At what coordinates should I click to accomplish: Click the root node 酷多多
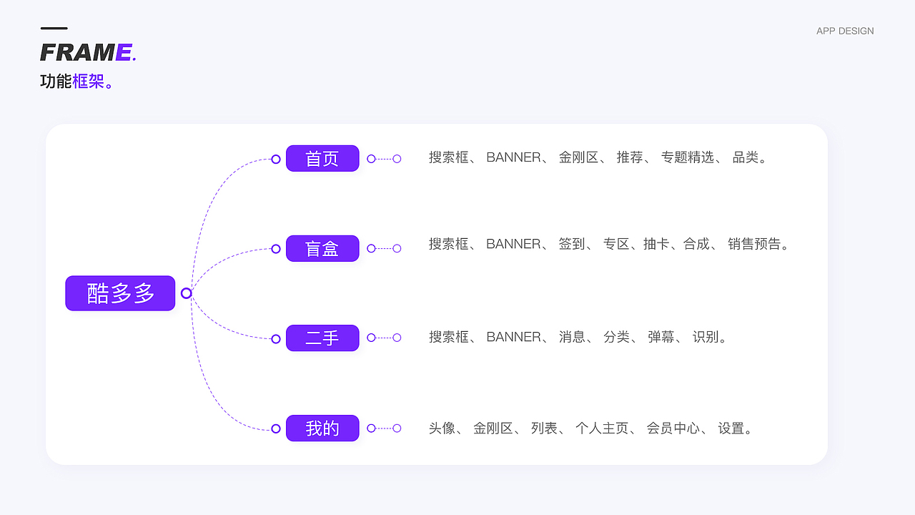(120, 293)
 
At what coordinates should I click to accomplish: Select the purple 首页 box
(322, 158)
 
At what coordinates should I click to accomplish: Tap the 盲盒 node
(322, 248)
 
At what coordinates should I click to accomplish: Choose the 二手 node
(322, 338)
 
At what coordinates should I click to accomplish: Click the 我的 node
(322, 428)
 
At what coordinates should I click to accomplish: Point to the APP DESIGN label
(845, 31)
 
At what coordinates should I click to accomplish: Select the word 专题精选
(687, 157)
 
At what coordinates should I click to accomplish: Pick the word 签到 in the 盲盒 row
(571, 244)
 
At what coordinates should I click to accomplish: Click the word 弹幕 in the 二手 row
(661, 337)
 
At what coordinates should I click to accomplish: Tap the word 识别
(705, 337)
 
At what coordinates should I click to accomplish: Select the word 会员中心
(673, 428)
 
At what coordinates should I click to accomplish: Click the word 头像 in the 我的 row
(442, 428)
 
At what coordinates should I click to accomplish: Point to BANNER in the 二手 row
(513, 337)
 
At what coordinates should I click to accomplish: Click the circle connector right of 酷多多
(187, 293)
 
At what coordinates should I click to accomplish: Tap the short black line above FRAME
(54, 29)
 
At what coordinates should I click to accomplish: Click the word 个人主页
(601, 428)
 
